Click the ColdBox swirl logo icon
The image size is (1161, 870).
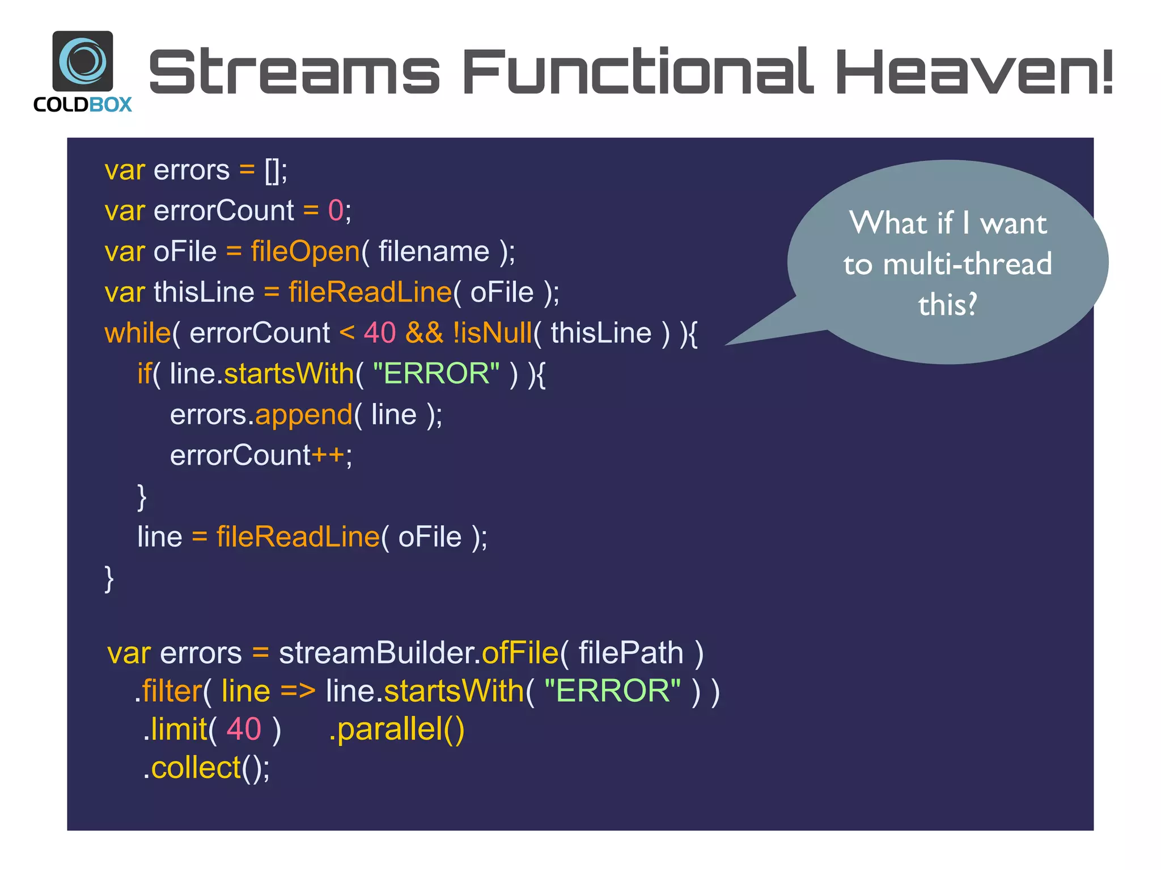pos(83,61)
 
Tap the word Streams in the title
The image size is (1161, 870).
pos(294,72)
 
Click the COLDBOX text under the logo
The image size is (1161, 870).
pos(83,105)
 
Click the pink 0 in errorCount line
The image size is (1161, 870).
pos(336,211)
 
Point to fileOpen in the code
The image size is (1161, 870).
pos(305,251)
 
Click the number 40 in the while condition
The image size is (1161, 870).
pos(379,333)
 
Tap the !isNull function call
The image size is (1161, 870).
pos(492,333)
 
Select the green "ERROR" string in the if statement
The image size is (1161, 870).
pos(436,374)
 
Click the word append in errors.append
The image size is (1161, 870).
pos(304,415)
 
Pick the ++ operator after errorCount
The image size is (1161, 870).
pos(328,455)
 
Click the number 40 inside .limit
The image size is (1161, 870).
pos(244,730)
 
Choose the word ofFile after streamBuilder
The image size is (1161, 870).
pos(520,653)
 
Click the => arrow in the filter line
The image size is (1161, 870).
pos(298,692)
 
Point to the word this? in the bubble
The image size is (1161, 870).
pos(947,305)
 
